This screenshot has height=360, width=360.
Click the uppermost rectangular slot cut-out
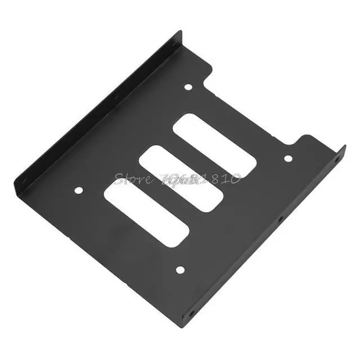tap(214, 145)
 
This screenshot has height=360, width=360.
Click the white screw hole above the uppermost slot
tap(188, 87)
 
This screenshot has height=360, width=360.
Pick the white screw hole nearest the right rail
tap(288, 159)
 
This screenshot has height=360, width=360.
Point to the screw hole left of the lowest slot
tap(78, 190)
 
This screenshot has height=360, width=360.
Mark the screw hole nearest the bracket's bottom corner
tap(179, 270)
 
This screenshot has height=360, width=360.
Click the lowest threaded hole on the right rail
tap(192, 313)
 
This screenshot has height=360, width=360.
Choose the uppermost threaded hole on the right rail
tap(337, 159)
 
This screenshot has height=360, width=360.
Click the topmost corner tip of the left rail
tap(181, 33)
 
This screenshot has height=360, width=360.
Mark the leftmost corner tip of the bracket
tap(15, 183)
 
